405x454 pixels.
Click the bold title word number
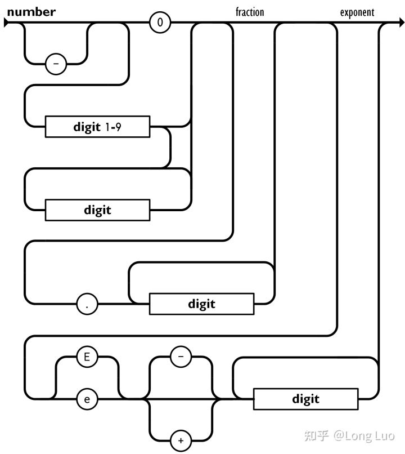31,12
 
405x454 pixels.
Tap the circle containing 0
160,23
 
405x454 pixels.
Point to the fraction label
250,12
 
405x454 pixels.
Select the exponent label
357,13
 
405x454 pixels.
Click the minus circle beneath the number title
56,64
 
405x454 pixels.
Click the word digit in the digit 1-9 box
87,127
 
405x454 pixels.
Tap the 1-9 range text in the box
113,127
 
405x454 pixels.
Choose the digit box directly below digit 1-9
97,210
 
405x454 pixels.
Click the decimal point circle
87,304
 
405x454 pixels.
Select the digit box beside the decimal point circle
201,304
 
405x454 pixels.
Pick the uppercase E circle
87,357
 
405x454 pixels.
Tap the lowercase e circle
87,399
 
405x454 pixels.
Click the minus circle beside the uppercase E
181,357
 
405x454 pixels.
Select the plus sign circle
181,440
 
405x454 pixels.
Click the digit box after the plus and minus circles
306,399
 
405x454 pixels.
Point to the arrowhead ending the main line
402,23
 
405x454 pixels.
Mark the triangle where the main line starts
6,23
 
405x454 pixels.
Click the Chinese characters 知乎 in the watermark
317,436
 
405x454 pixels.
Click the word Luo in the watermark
384,436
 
